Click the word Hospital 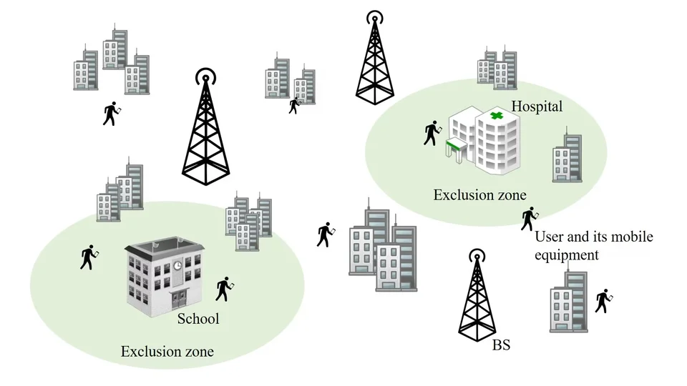click(537, 107)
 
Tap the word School click(198, 319)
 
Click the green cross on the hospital click(495, 115)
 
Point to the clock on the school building click(177, 266)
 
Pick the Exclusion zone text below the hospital click(479, 195)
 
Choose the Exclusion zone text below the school click(167, 352)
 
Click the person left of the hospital click(431, 132)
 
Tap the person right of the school click(225, 288)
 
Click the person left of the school click(88, 257)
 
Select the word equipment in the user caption click(567, 254)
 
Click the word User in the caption click(550, 237)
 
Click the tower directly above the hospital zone click(374, 57)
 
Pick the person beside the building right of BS click(603, 301)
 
